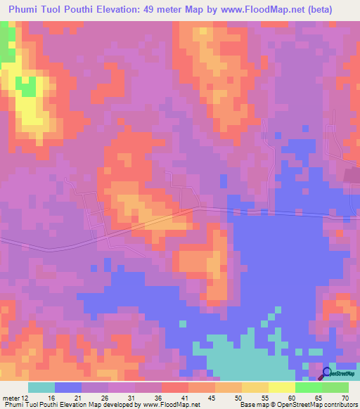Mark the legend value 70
point(345,397)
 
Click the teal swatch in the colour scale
point(41,387)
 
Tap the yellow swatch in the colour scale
point(282,387)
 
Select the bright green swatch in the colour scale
point(309,387)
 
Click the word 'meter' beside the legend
point(12,397)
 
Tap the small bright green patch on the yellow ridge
point(28,86)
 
